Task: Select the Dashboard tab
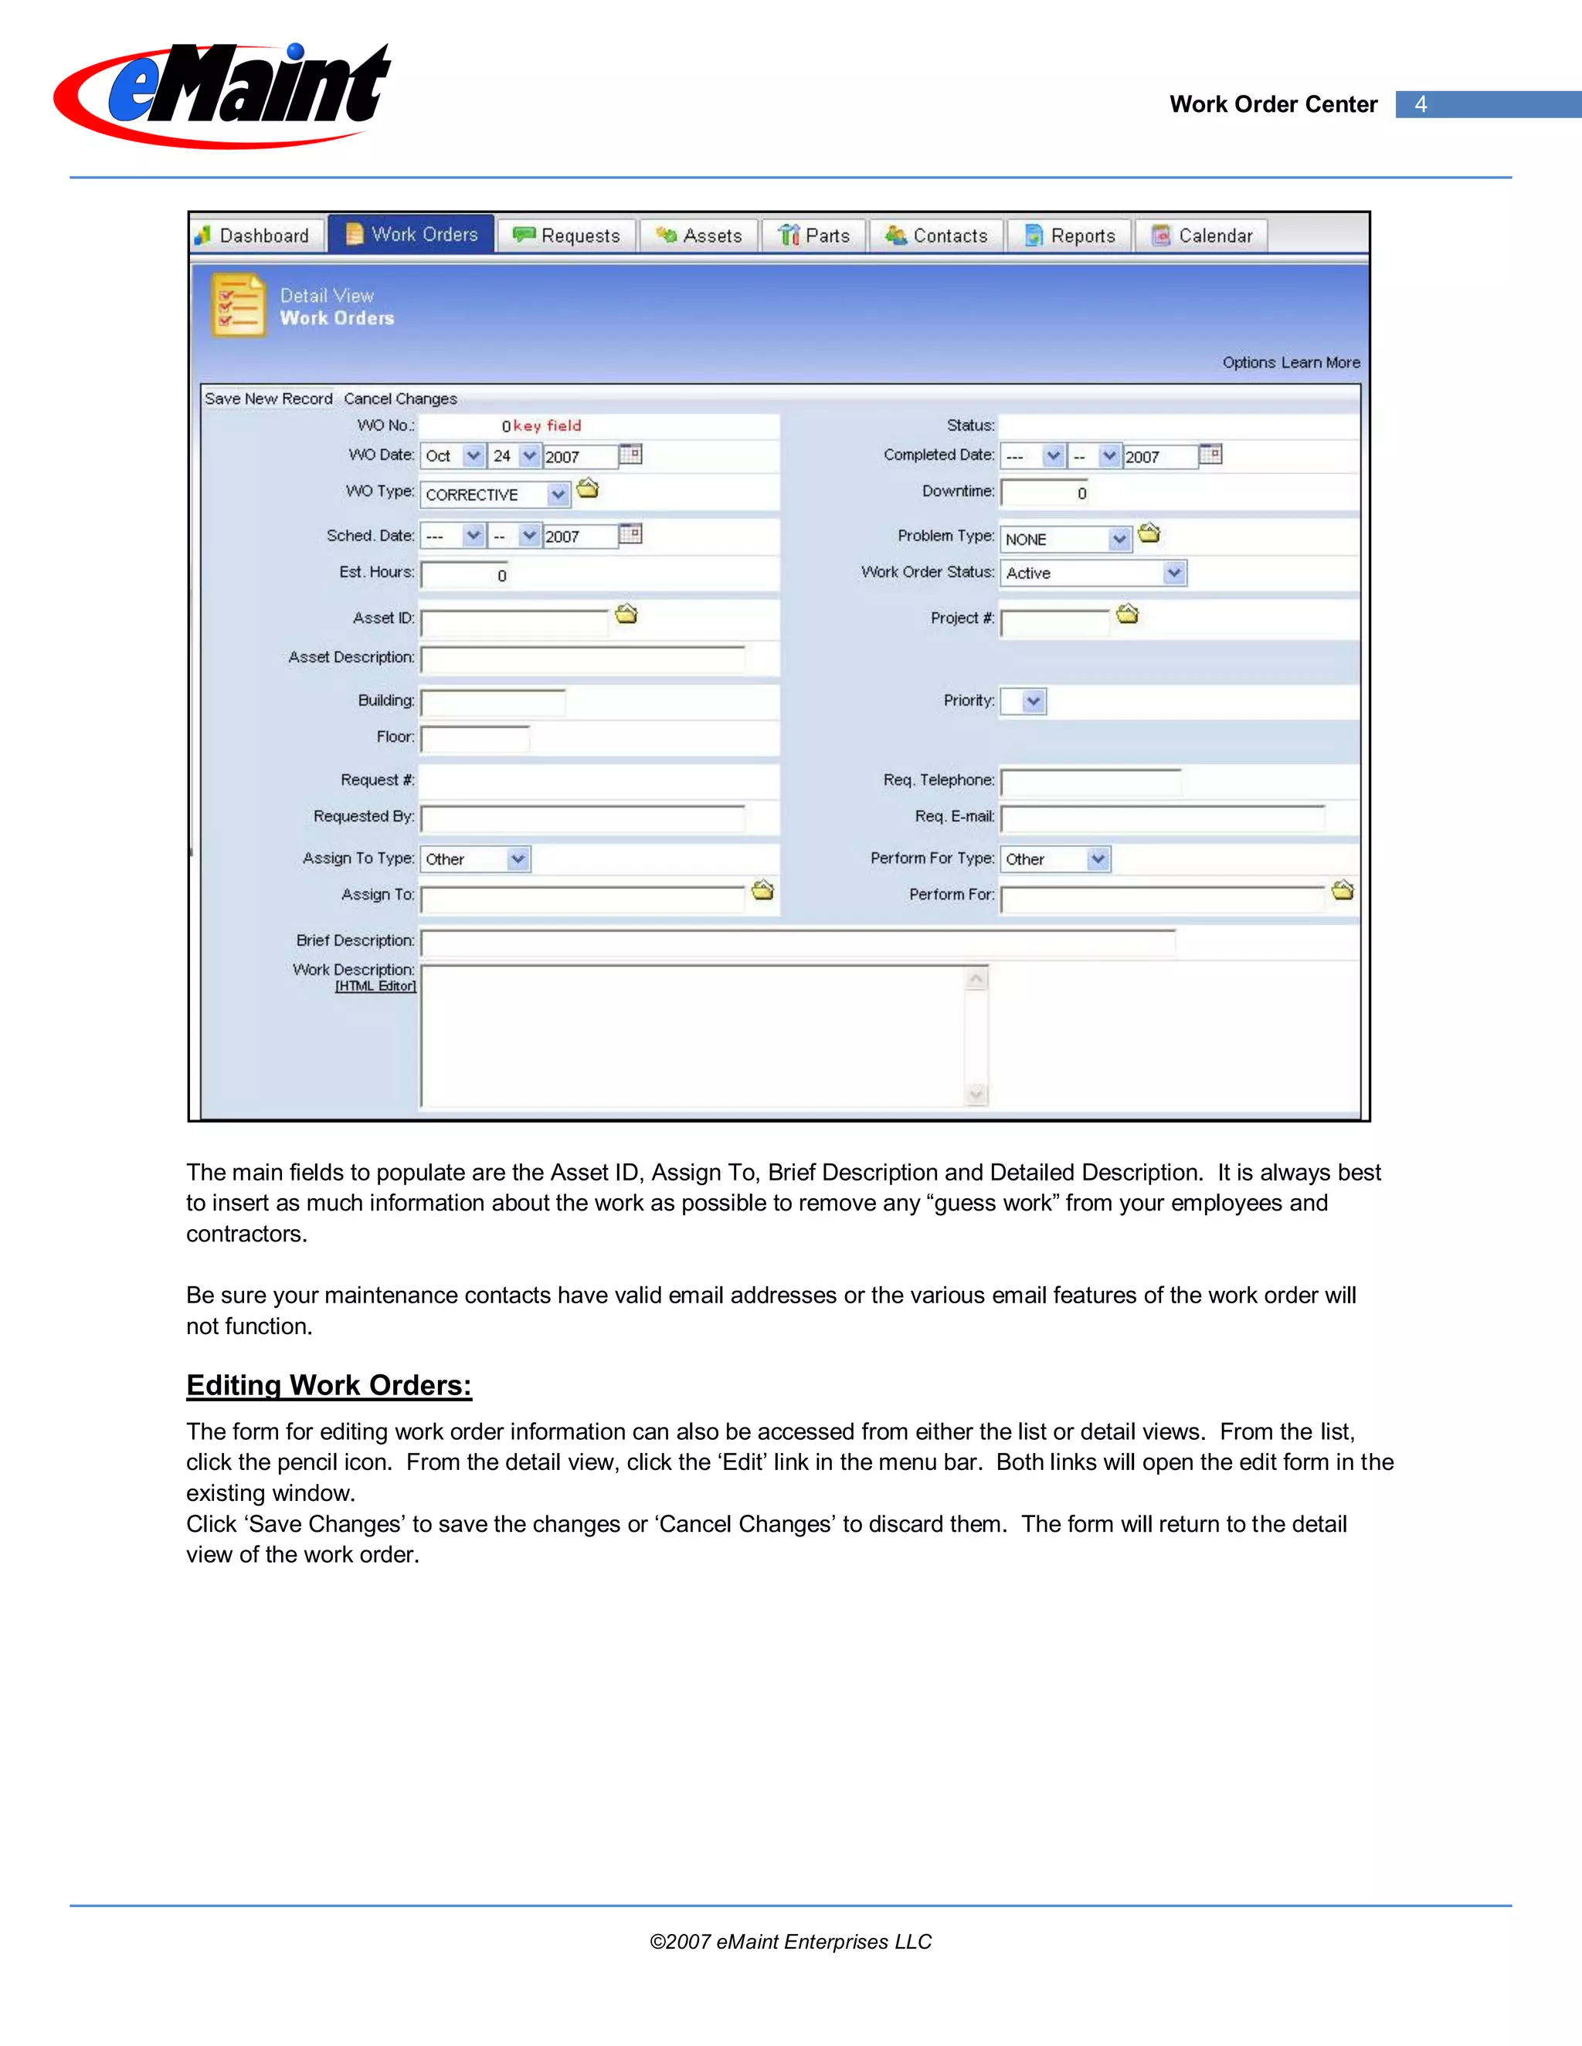pos(254,235)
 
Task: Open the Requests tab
pos(567,235)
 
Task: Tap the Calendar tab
pos(1203,235)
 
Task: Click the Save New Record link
pos(269,398)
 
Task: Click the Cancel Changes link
pos(400,398)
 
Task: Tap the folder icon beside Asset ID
pos(626,615)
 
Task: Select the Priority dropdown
pos(1024,701)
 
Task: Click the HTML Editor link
pos(375,987)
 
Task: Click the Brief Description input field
pos(797,941)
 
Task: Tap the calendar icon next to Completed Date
pos(1211,454)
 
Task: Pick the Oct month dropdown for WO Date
pos(453,456)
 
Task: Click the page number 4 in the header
pos(1421,104)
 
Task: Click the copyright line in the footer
pos(790,1942)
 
